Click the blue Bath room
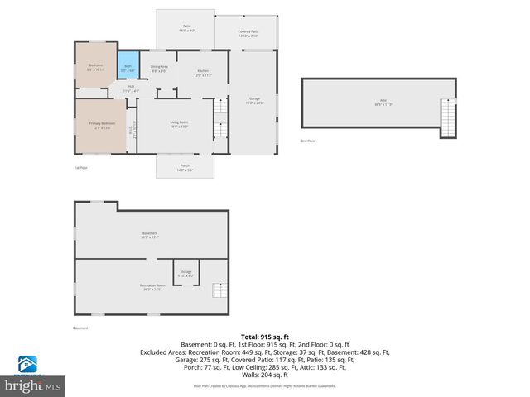[x=128, y=69]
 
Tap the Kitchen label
[x=202, y=73]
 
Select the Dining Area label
[x=159, y=68]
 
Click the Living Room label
[x=179, y=124]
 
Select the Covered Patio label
[x=248, y=33]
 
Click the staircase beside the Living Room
[x=220, y=121]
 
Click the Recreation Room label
[x=151, y=287]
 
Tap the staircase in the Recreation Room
[x=219, y=290]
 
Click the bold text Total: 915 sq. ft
[x=264, y=337]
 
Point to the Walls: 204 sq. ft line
[x=264, y=375]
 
